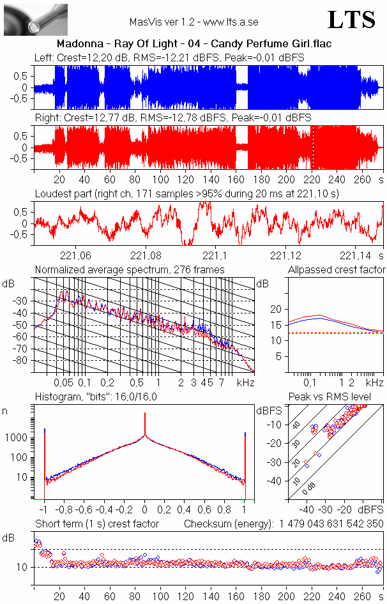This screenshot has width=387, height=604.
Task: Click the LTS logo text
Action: pos(351,20)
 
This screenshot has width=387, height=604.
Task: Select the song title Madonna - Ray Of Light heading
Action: pos(193,44)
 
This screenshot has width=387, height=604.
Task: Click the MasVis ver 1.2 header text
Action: pos(193,22)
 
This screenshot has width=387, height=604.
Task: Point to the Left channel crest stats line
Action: pos(169,57)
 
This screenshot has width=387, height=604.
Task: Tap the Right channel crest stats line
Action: pos(172,118)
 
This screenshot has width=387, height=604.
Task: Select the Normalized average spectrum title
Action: pos(130,270)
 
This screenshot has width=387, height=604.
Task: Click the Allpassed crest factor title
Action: pos(337,270)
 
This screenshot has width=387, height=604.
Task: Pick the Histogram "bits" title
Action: pos(96,397)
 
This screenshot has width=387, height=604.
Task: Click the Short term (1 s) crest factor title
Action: pos(96,524)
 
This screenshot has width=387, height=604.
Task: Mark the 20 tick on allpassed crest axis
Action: pos(276,309)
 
